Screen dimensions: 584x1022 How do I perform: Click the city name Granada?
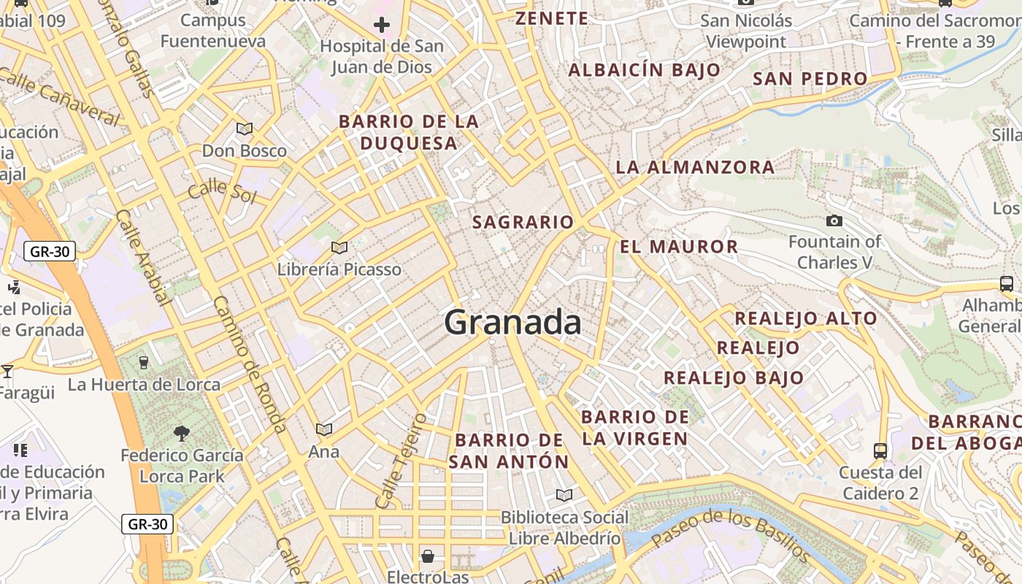512,323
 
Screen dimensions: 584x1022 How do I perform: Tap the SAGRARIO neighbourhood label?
523,222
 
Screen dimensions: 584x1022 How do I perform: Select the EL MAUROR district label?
679,247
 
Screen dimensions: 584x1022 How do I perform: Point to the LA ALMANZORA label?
695,167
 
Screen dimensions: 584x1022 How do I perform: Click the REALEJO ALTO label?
805,318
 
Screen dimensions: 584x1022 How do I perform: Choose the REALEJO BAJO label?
733,378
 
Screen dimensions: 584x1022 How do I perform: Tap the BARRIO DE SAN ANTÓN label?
509,451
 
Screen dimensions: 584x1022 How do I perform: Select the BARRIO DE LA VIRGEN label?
635,428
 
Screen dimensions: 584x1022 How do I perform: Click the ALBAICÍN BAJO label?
644,70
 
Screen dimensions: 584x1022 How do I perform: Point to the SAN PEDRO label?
810,79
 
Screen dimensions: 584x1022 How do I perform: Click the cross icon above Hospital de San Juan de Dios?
381,26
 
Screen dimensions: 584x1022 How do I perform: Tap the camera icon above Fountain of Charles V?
834,220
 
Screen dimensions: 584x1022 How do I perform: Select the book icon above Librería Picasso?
339,247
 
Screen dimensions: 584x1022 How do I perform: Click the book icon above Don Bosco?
245,129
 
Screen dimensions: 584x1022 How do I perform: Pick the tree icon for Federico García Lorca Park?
182,434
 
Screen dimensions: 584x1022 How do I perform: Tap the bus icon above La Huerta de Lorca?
144,362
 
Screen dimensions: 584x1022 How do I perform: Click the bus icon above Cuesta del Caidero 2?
880,450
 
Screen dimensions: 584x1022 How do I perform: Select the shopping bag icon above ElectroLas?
428,556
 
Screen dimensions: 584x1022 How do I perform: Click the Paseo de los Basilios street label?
730,539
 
